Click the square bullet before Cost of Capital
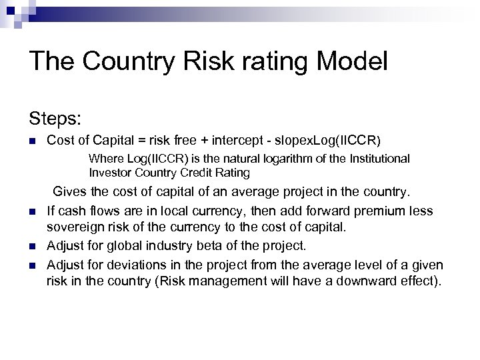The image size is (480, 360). click(x=32, y=141)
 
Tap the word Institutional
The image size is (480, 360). click(x=377, y=159)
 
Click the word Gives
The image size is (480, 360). click(x=69, y=193)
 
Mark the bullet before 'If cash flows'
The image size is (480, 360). click(x=32, y=212)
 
